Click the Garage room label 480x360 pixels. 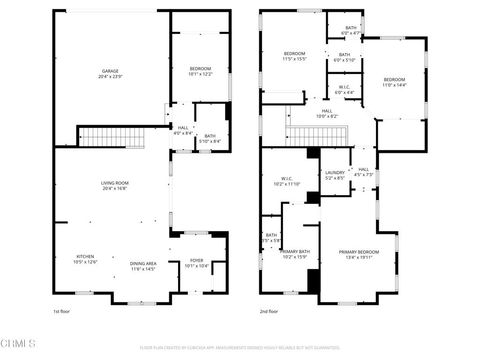click(x=110, y=71)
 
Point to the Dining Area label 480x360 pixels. click(x=143, y=264)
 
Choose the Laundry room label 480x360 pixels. click(x=334, y=173)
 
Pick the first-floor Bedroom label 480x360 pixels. click(x=200, y=68)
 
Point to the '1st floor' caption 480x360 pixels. click(x=63, y=312)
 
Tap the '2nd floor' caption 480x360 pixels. click(x=269, y=312)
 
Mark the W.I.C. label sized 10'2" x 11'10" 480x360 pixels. click(x=287, y=181)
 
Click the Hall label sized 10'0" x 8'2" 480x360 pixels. click(x=328, y=112)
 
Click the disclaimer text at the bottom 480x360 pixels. click(x=240, y=348)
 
